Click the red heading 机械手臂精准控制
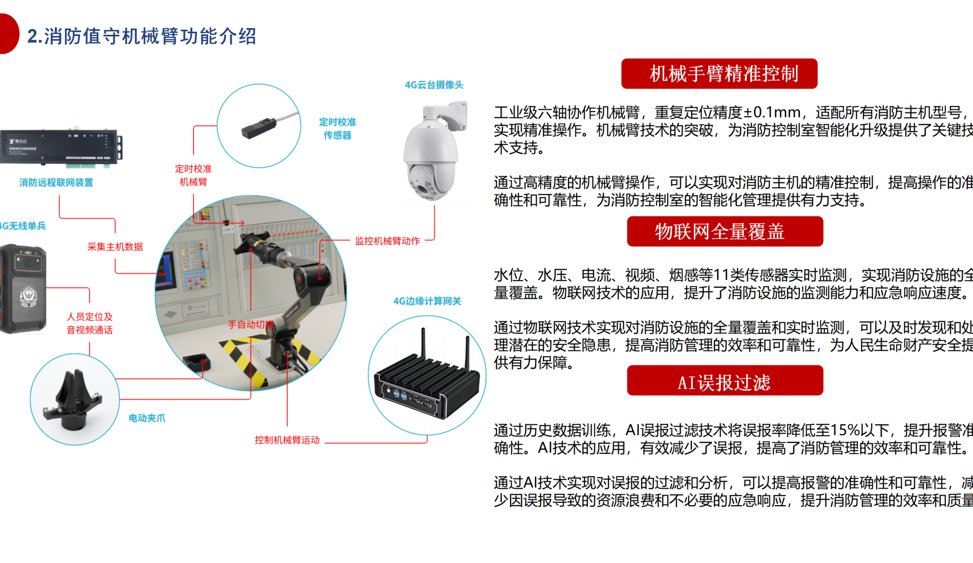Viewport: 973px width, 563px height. [719, 74]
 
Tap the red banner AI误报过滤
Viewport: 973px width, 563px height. [725, 381]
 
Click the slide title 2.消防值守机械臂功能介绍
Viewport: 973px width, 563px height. [142, 36]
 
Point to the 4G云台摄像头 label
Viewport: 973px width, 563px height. [434, 85]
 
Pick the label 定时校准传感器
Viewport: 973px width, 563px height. [337, 128]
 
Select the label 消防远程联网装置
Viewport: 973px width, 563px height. [56, 183]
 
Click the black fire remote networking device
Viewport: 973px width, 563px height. [60, 147]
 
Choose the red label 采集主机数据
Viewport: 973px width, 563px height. [115, 247]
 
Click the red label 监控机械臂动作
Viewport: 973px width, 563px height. [387, 241]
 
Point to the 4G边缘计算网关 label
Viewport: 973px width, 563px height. [427, 301]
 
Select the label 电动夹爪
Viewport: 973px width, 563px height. [147, 418]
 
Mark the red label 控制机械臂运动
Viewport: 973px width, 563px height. [287, 440]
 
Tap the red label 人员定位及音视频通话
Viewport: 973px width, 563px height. [90, 323]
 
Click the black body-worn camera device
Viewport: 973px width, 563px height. [23, 289]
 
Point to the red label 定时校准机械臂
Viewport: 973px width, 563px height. [193, 175]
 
